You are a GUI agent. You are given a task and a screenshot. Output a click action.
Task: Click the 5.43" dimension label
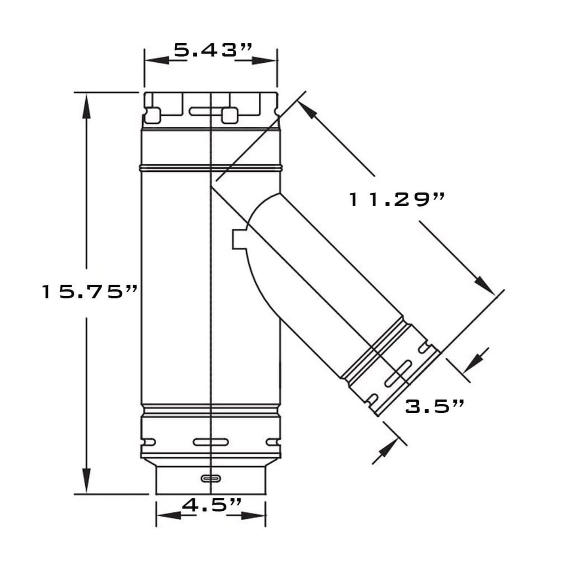[213, 50]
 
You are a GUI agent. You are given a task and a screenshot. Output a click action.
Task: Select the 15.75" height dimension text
[90, 292]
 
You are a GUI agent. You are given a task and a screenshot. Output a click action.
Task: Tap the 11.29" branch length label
[397, 199]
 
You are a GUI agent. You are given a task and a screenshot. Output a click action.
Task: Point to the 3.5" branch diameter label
[434, 407]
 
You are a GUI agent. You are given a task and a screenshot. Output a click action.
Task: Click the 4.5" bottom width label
[211, 505]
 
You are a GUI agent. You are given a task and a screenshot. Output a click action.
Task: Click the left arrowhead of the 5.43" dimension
[157, 60]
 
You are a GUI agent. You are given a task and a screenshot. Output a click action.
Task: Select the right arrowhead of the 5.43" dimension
[264, 61]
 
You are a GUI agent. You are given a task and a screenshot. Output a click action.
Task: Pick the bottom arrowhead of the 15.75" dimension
[86, 480]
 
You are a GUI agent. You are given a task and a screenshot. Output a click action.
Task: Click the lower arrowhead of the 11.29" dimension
[484, 284]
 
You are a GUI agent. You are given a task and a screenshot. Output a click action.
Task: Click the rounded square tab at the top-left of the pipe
[153, 115]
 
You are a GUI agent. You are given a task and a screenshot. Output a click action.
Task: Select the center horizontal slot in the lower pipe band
[211, 442]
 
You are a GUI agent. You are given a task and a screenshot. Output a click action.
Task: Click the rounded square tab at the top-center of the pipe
[230, 115]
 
